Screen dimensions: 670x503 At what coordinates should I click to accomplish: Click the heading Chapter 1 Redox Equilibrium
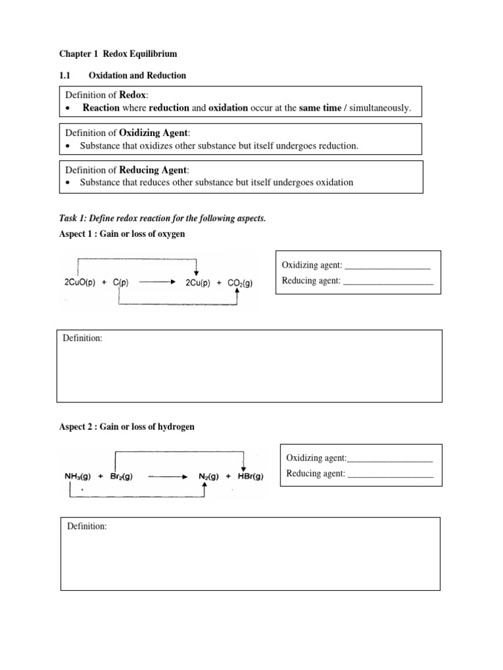click(x=118, y=53)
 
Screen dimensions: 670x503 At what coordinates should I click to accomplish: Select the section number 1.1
click(x=65, y=75)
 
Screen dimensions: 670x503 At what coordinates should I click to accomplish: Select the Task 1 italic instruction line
click(x=162, y=219)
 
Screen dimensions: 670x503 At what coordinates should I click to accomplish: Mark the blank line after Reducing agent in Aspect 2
click(x=390, y=474)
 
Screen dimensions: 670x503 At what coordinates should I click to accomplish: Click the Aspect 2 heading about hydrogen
click(x=127, y=427)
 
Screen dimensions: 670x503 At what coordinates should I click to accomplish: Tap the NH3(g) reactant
click(x=79, y=476)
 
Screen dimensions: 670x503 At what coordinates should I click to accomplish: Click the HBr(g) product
click(x=249, y=476)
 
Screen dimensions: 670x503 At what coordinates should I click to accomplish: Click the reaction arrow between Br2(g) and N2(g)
click(x=168, y=477)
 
